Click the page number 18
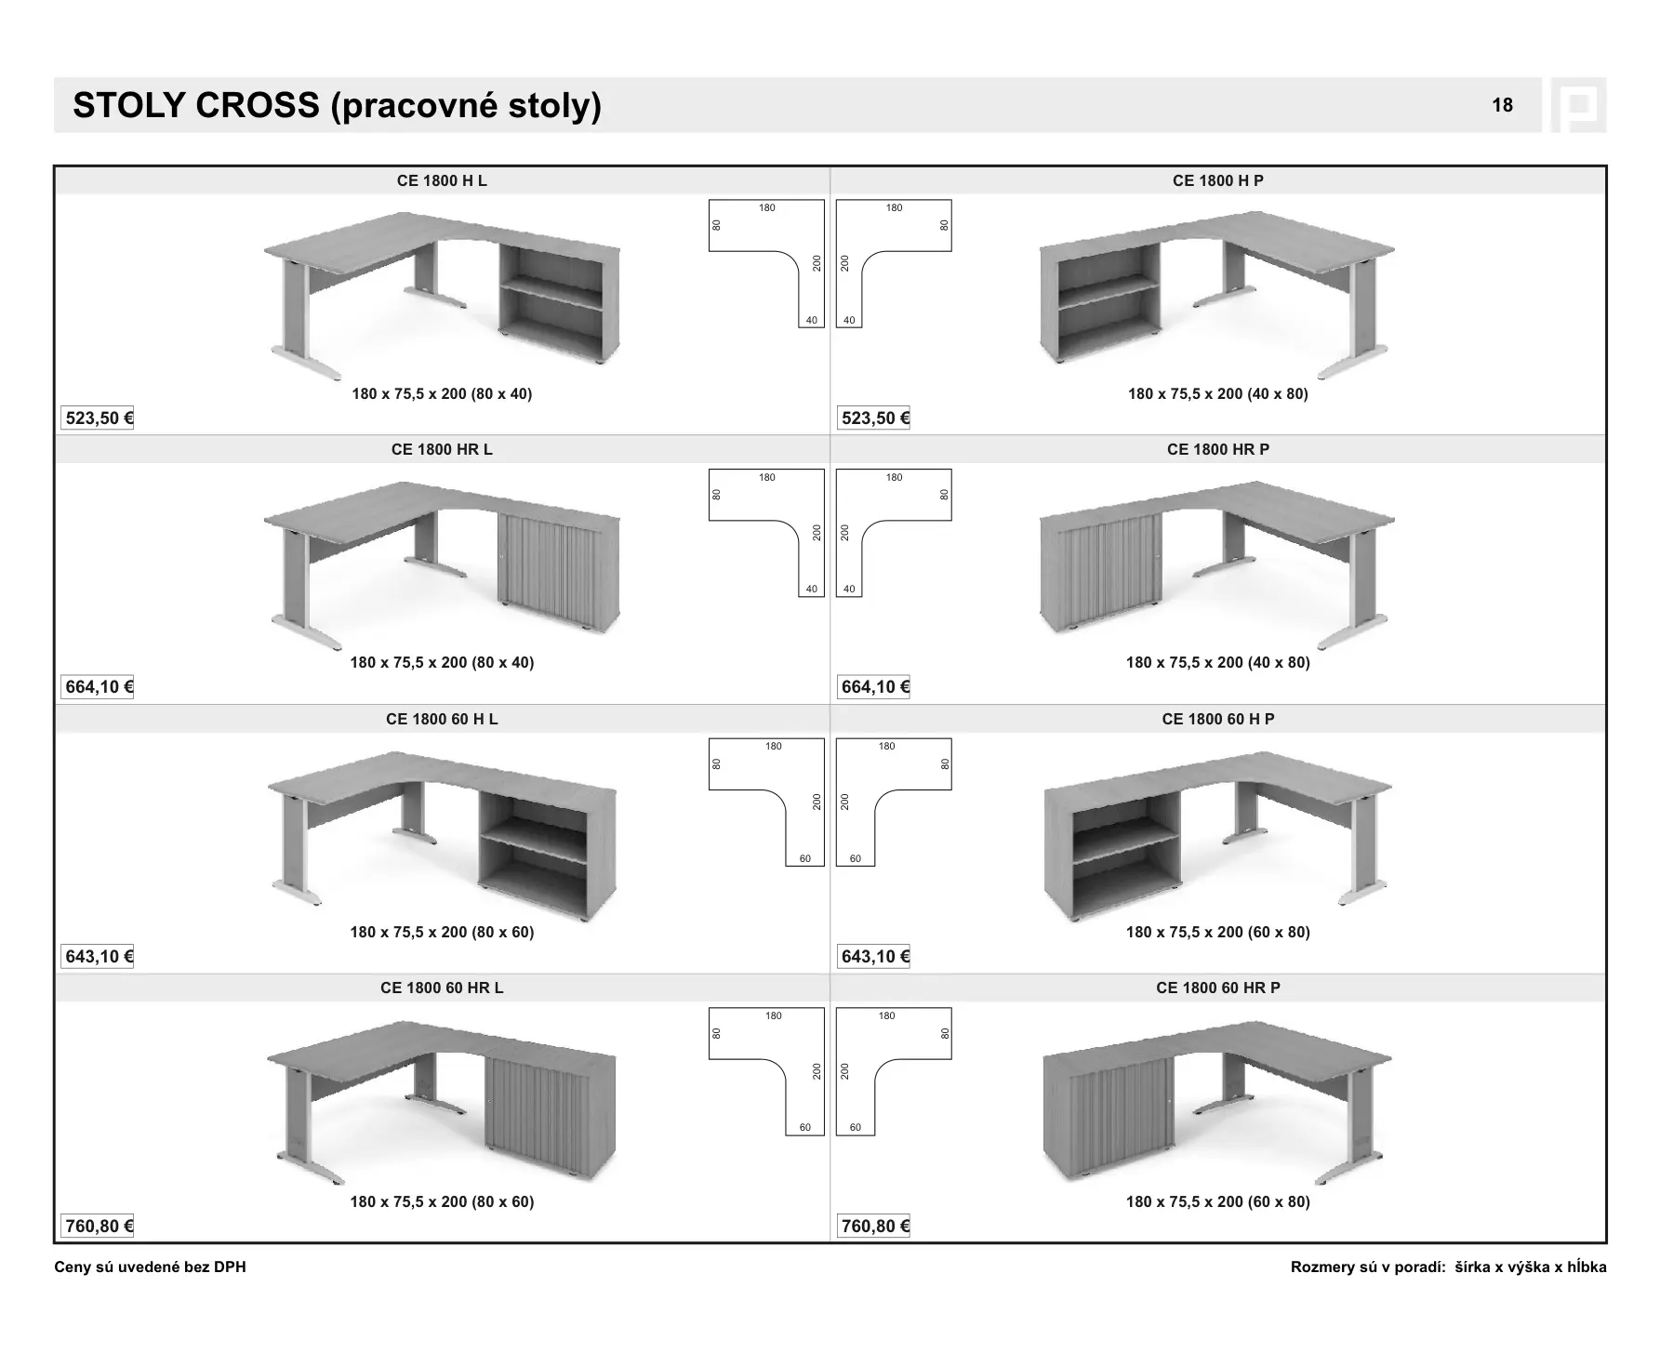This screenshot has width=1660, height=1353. [x=1502, y=105]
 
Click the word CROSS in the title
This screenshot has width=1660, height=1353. [x=258, y=106]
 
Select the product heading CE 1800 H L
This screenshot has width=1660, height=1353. [x=442, y=180]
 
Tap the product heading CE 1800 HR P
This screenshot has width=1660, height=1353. [x=1217, y=449]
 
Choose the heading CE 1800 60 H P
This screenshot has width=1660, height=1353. [x=1217, y=719]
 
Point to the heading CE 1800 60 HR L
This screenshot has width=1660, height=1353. [x=442, y=988]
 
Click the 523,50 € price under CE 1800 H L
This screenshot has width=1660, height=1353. [x=99, y=418]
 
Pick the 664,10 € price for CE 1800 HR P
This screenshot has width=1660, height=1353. [x=874, y=687]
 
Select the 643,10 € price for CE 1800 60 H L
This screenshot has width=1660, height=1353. [x=99, y=957]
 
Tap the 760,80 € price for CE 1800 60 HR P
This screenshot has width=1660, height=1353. [x=874, y=1227]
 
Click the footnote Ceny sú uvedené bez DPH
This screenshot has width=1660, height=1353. [x=151, y=1267]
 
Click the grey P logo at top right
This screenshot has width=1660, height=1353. [x=1578, y=105]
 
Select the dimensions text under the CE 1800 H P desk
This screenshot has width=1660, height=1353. [x=1217, y=393]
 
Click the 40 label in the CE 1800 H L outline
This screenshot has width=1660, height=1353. [x=811, y=321]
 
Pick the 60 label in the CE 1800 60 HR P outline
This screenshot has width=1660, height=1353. [x=856, y=1128]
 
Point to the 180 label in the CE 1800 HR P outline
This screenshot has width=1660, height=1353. [x=894, y=478]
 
